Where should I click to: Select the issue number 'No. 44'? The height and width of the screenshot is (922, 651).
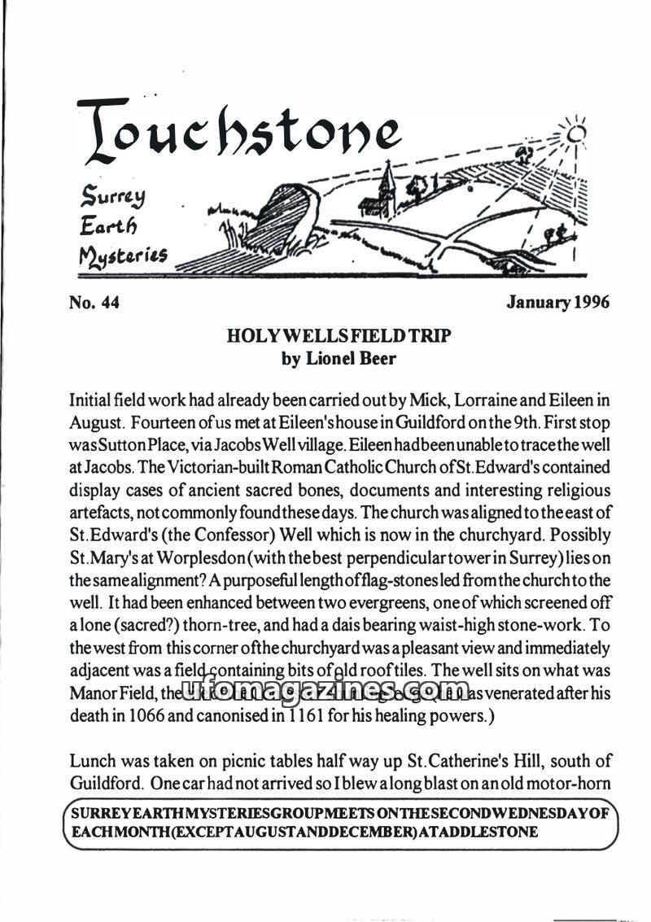(x=95, y=304)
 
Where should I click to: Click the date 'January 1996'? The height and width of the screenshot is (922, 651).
(x=557, y=304)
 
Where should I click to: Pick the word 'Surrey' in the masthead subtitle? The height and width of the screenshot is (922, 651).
(x=108, y=196)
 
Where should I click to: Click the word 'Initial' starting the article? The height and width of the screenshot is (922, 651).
(x=92, y=401)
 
